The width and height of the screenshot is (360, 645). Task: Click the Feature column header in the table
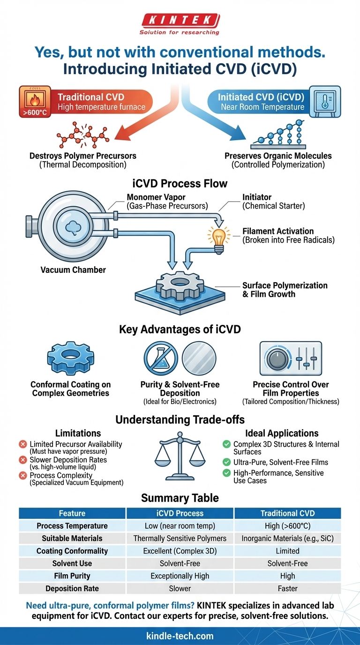tap(72, 513)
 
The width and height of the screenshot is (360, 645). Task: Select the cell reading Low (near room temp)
tap(180, 526)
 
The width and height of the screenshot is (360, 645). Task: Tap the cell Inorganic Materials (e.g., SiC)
tap(287, 539)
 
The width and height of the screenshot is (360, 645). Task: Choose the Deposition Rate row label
tap(72, 588)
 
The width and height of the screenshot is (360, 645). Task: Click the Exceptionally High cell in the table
tap(180, 576)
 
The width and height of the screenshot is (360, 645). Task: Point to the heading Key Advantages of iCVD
tap(180, 329)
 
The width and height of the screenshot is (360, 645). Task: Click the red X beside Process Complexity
tap(22, 476)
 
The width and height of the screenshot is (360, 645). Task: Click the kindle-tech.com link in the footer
tap(180, 636)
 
